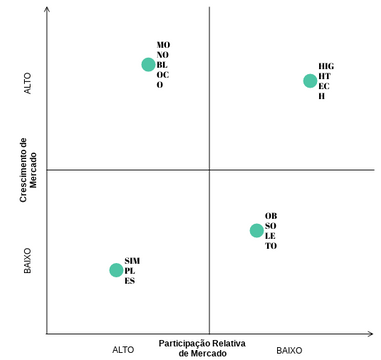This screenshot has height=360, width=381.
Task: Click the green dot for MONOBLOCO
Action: click(x=148, y=64)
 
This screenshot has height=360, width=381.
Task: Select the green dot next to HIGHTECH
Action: click(x=310, y=80)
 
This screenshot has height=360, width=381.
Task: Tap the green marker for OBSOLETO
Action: click(x=256, y=230)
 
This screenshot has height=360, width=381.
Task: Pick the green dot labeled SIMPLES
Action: click(x=116, y=269)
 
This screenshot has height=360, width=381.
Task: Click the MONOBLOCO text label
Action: click(x=163, y=65)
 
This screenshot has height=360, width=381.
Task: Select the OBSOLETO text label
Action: click(x=271, y=231)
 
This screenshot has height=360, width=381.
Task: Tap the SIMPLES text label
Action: click(x=132, y=270)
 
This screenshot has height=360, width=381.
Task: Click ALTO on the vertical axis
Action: click(x=28, y=82)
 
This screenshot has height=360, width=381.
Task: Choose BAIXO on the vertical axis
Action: click(x=28, y=261)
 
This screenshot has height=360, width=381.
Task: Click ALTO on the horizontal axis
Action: click(x=123, y=350)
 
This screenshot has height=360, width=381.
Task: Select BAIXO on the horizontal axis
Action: click(x=289, y=350)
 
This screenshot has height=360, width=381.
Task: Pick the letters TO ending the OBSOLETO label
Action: click(x=271, y=246)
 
